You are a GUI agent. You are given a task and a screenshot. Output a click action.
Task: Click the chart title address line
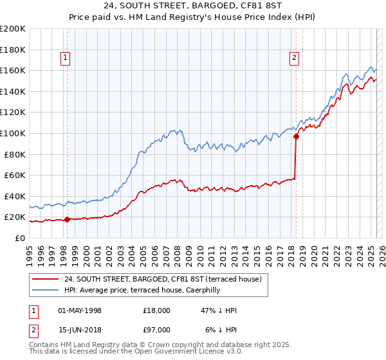[193, 6]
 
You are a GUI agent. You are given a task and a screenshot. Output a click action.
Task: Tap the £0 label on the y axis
[21, 238]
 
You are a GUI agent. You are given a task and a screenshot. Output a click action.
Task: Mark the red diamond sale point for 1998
[67, 219]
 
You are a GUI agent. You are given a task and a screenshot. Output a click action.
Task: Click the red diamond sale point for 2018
[297, 136]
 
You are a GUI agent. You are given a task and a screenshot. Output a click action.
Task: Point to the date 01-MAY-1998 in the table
[80, 310]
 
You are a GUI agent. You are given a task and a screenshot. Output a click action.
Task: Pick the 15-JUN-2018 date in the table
[80, 330]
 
